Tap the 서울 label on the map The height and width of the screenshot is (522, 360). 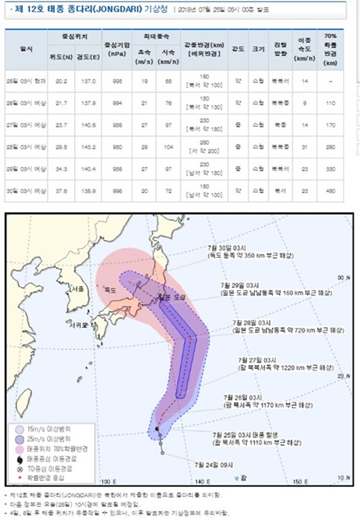click(77, 289)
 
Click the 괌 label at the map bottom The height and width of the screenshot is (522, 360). click(244, 477)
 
